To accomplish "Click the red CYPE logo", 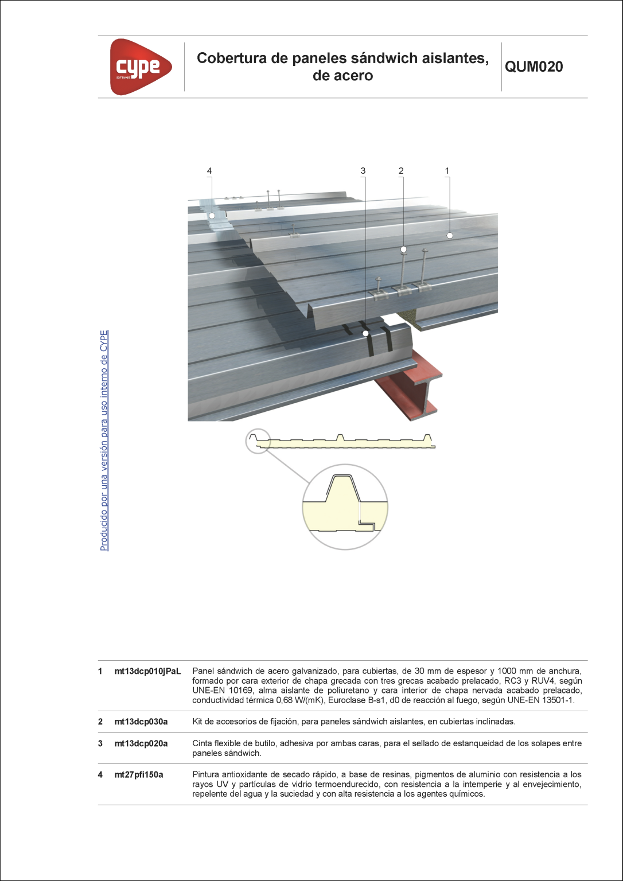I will (x=140, y=67).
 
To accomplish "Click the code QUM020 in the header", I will (x=534, y=67).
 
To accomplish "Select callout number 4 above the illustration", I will (x=209, y=170).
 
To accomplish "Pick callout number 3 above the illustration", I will (x=363, y=170).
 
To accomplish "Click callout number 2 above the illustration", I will (x=401, y=170).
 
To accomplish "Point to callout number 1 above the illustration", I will (x=447, y=170).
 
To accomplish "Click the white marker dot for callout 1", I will (x=450, y=235).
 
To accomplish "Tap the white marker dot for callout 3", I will (x=365, y=333).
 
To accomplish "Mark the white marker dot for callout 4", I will (x=212, y=216).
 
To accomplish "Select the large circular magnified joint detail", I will (x=345, y=506).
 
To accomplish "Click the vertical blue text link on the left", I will (x=104, y=440).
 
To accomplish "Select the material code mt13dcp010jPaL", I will (x=147, y=671).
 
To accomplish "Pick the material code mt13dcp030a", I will (x=141, y=722).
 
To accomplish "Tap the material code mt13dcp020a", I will (x=141, y=743).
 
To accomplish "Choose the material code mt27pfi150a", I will (x=139, y=774).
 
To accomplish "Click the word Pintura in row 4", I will (x=206, y=774).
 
